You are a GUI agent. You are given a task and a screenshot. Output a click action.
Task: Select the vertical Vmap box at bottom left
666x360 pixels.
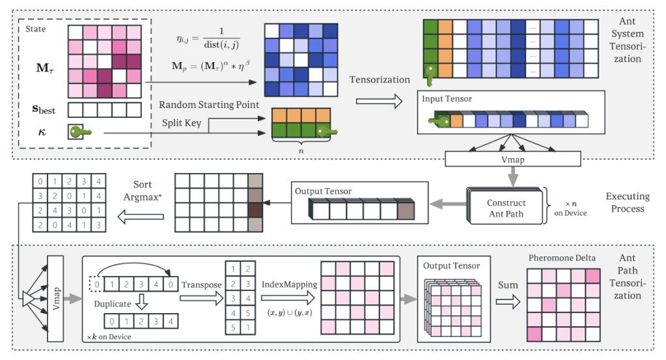(56, 298)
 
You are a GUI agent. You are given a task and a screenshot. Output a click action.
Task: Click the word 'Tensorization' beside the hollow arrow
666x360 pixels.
(380, 79)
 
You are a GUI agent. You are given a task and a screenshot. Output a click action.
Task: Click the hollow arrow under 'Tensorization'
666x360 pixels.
(379, 101)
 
